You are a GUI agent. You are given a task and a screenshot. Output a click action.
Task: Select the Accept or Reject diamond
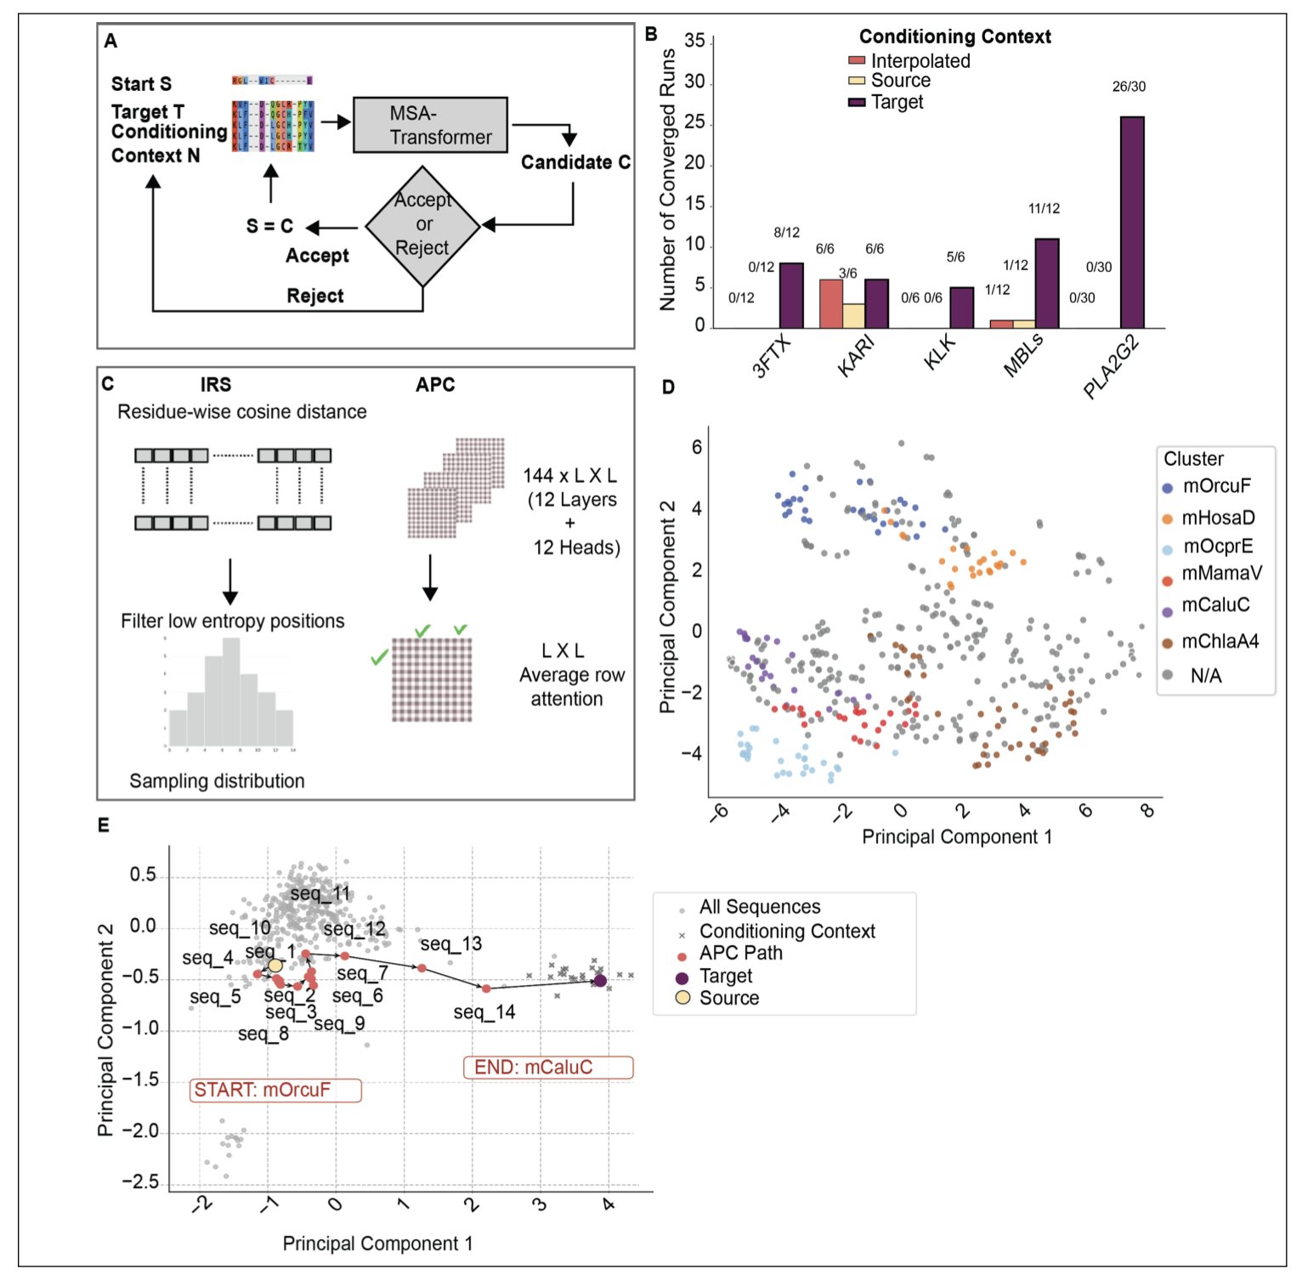[x=423, y=225]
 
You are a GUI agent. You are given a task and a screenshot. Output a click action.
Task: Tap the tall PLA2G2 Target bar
[x=1131, y=222]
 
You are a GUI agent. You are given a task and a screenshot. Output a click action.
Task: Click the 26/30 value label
[x=1129, y=87]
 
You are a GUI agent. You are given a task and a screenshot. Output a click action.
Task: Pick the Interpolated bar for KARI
[x=830, y=303]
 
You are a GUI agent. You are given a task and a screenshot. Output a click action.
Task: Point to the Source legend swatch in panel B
[x=857, y=81]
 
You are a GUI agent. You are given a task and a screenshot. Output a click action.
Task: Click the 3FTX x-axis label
[x=771, y=356]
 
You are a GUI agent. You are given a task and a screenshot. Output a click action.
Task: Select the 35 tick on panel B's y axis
[x=694, y=41]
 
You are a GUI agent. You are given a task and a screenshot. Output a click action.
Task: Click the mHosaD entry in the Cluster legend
[x=1217, y=518]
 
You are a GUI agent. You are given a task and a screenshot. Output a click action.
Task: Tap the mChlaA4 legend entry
[x=1219, y=642]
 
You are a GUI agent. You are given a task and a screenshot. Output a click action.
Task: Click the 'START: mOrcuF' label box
[x=275, y=1090]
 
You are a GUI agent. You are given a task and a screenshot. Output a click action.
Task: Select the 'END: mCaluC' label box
[x=547, y=1068]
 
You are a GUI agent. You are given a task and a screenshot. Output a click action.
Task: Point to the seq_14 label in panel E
[x=484, y=1012]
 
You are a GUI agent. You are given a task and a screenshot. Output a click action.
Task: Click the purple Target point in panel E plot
[x=600, y=981]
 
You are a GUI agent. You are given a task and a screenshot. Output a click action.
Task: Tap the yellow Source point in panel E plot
[x=275, y=966]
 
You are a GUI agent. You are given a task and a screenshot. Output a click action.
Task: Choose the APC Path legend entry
[x=740, y=954]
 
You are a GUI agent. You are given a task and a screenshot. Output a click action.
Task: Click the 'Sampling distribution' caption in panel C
[x=217, y=781]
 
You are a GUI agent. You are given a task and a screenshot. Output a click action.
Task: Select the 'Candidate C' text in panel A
[x=575, y=162]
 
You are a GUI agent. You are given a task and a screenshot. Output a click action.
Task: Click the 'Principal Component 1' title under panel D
[x=956, y=837]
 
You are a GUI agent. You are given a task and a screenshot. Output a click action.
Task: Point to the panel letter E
[x=104, y=825]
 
